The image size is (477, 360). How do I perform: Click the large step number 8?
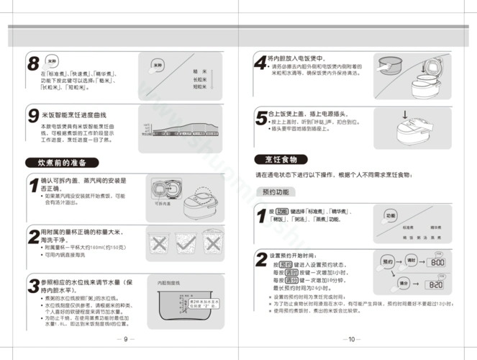pyautogui.click(x=33, y=63)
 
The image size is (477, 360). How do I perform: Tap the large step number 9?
pyautogui.click(x=33, y=115)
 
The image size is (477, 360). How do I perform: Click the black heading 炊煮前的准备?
pyautogui.click(x=61, y=162)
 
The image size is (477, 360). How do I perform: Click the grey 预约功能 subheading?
pyautogui.click(x=276, y=192)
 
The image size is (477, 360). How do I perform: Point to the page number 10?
pyautogui.click(x=351, y=339)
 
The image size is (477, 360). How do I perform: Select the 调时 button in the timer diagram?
pyautogui.click(x=412, y=261)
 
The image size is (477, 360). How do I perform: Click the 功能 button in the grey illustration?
pyautogui.click(x=389, y=215)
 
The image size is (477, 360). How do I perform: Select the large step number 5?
pyautogui.click(x=260, y=117)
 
